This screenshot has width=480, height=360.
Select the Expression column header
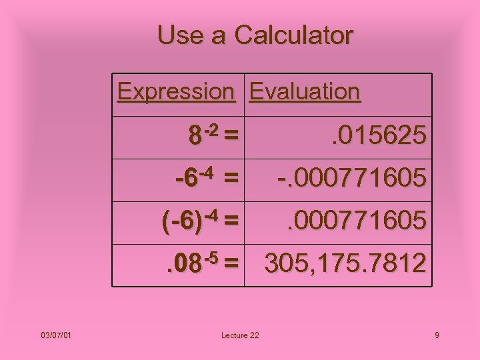176,91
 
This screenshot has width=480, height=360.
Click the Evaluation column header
305,91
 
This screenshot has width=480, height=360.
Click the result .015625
375,136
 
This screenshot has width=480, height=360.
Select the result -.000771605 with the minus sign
351,179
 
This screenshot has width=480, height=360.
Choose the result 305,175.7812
345,264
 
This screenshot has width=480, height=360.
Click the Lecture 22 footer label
241,335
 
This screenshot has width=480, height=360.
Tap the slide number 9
437,335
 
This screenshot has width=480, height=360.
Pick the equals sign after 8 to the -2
231,136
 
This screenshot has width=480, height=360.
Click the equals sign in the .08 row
231,265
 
